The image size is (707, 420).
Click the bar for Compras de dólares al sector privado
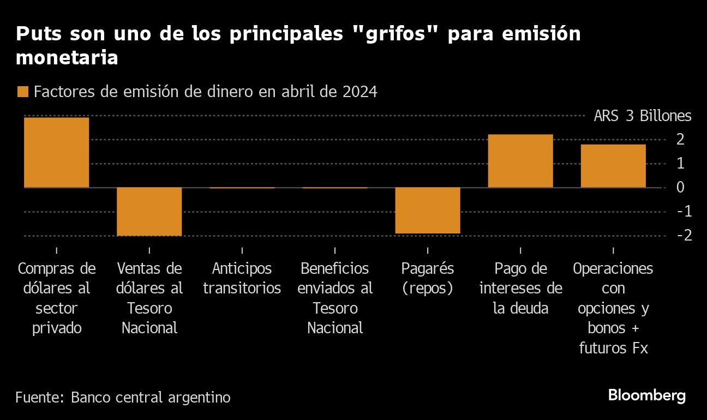pyautogui.click(x=56, y=152)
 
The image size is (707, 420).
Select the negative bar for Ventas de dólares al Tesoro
pyautogui.click(x=149, y=212)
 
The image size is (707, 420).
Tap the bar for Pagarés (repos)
pyautogui.click(x=427, y=211)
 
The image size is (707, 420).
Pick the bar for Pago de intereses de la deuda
pyautogui.click(x=520, y=161)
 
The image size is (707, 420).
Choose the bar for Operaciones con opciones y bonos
pyautogui.click(x=613, y=166)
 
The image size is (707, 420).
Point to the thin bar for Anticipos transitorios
pyautogui.click(x=242, y=188)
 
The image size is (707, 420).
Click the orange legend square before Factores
pyautogui.click(x=22, y=92)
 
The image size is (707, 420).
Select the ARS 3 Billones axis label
pyautogui.click(x=642, y=116)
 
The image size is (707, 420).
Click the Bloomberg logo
pyautogui.click(x=646, y=395)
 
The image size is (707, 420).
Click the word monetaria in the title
pyautogui.click(x=67, y=58)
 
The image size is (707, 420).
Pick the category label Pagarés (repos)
pyautogui.click(x=427, y=279)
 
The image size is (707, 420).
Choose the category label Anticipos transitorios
pyautogui.click(x=242, y=279)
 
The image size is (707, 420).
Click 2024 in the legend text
pyautogui.click(x=360, y=92)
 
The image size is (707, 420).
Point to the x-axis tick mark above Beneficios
pyautogui.click(x=334, y=250)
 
